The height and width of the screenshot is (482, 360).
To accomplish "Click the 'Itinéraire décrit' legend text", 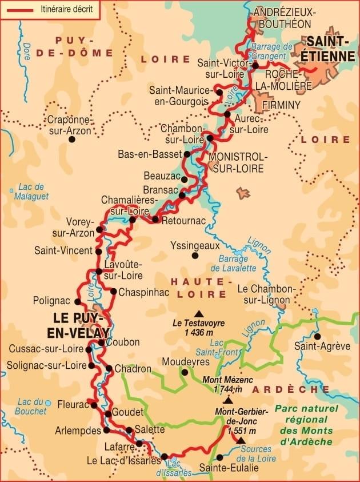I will [x=66, y=9].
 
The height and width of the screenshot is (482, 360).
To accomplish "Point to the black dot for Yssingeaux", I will [x=195, y=256].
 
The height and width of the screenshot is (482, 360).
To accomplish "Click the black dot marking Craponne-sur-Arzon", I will [x=71, y=138].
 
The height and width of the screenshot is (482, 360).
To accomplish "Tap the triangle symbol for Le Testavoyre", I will [x=199, y=313].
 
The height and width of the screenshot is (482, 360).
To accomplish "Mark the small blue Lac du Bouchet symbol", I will [x=49, y=403].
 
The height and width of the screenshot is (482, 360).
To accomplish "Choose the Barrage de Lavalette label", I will [x=233, y=263].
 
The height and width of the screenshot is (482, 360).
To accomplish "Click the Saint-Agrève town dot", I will [x=318, y=336].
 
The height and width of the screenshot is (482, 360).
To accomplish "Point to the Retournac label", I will [x=179, y=220].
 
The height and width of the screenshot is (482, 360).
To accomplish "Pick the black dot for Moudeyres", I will [x=185, y=372].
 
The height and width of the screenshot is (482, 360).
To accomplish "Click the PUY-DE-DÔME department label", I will [x=73, y=46].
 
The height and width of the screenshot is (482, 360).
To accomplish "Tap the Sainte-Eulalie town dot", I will [x=219, y=457].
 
